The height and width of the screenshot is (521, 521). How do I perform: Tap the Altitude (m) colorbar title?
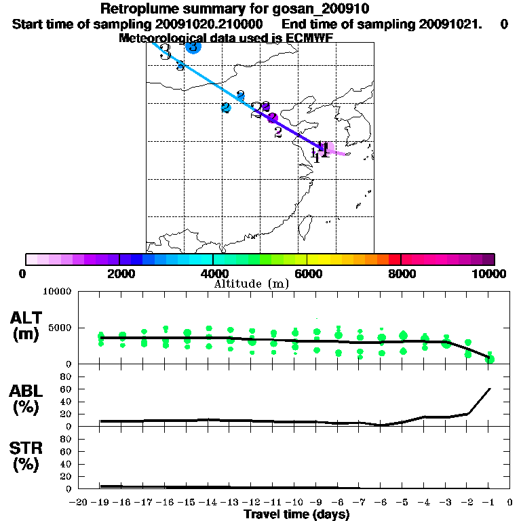pyautogui.click(x=251, y=284)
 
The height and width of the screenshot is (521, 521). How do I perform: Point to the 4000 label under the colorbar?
pyautogui.click(x=213, y=273)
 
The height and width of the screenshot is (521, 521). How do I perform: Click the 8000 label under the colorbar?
pyautogui.click(x=401, y=273)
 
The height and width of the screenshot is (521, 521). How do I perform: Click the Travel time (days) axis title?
pyautogui.click(x=296, y=514)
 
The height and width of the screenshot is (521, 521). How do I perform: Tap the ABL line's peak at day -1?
pyautogui.click(x=489, y=389)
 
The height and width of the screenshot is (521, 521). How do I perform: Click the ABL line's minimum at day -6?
pyautogui.click(x=382, y=425)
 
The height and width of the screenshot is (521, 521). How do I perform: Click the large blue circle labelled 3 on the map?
pyautogui.click(x=193, y=47)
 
